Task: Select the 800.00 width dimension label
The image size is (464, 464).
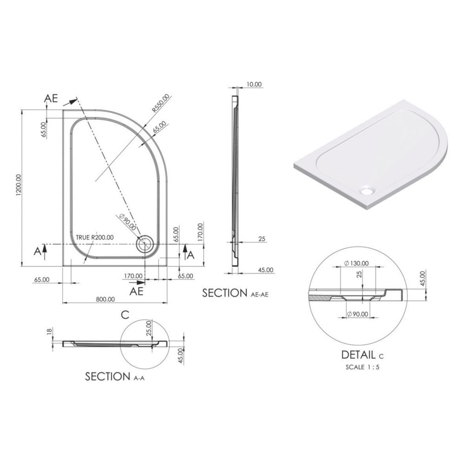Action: (x=105, y=299)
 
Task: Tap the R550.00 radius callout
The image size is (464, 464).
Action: (x=161, y=103)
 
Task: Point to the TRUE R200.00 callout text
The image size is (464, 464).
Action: (x=95, y=237)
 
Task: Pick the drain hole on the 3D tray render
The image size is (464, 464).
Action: (x=367, y=190)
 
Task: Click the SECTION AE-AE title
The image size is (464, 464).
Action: (x=235, y=293)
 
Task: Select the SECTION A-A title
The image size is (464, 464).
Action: (x=115, y=376)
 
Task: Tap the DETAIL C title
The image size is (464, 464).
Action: (x=362, y=354)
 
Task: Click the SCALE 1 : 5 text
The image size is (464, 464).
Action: (x=362, y=367)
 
